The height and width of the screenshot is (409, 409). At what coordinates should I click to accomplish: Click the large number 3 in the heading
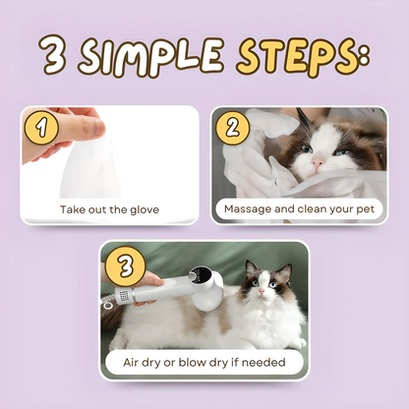[54, 57]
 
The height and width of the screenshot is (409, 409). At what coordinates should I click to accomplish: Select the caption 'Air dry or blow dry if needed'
[204, 362]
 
